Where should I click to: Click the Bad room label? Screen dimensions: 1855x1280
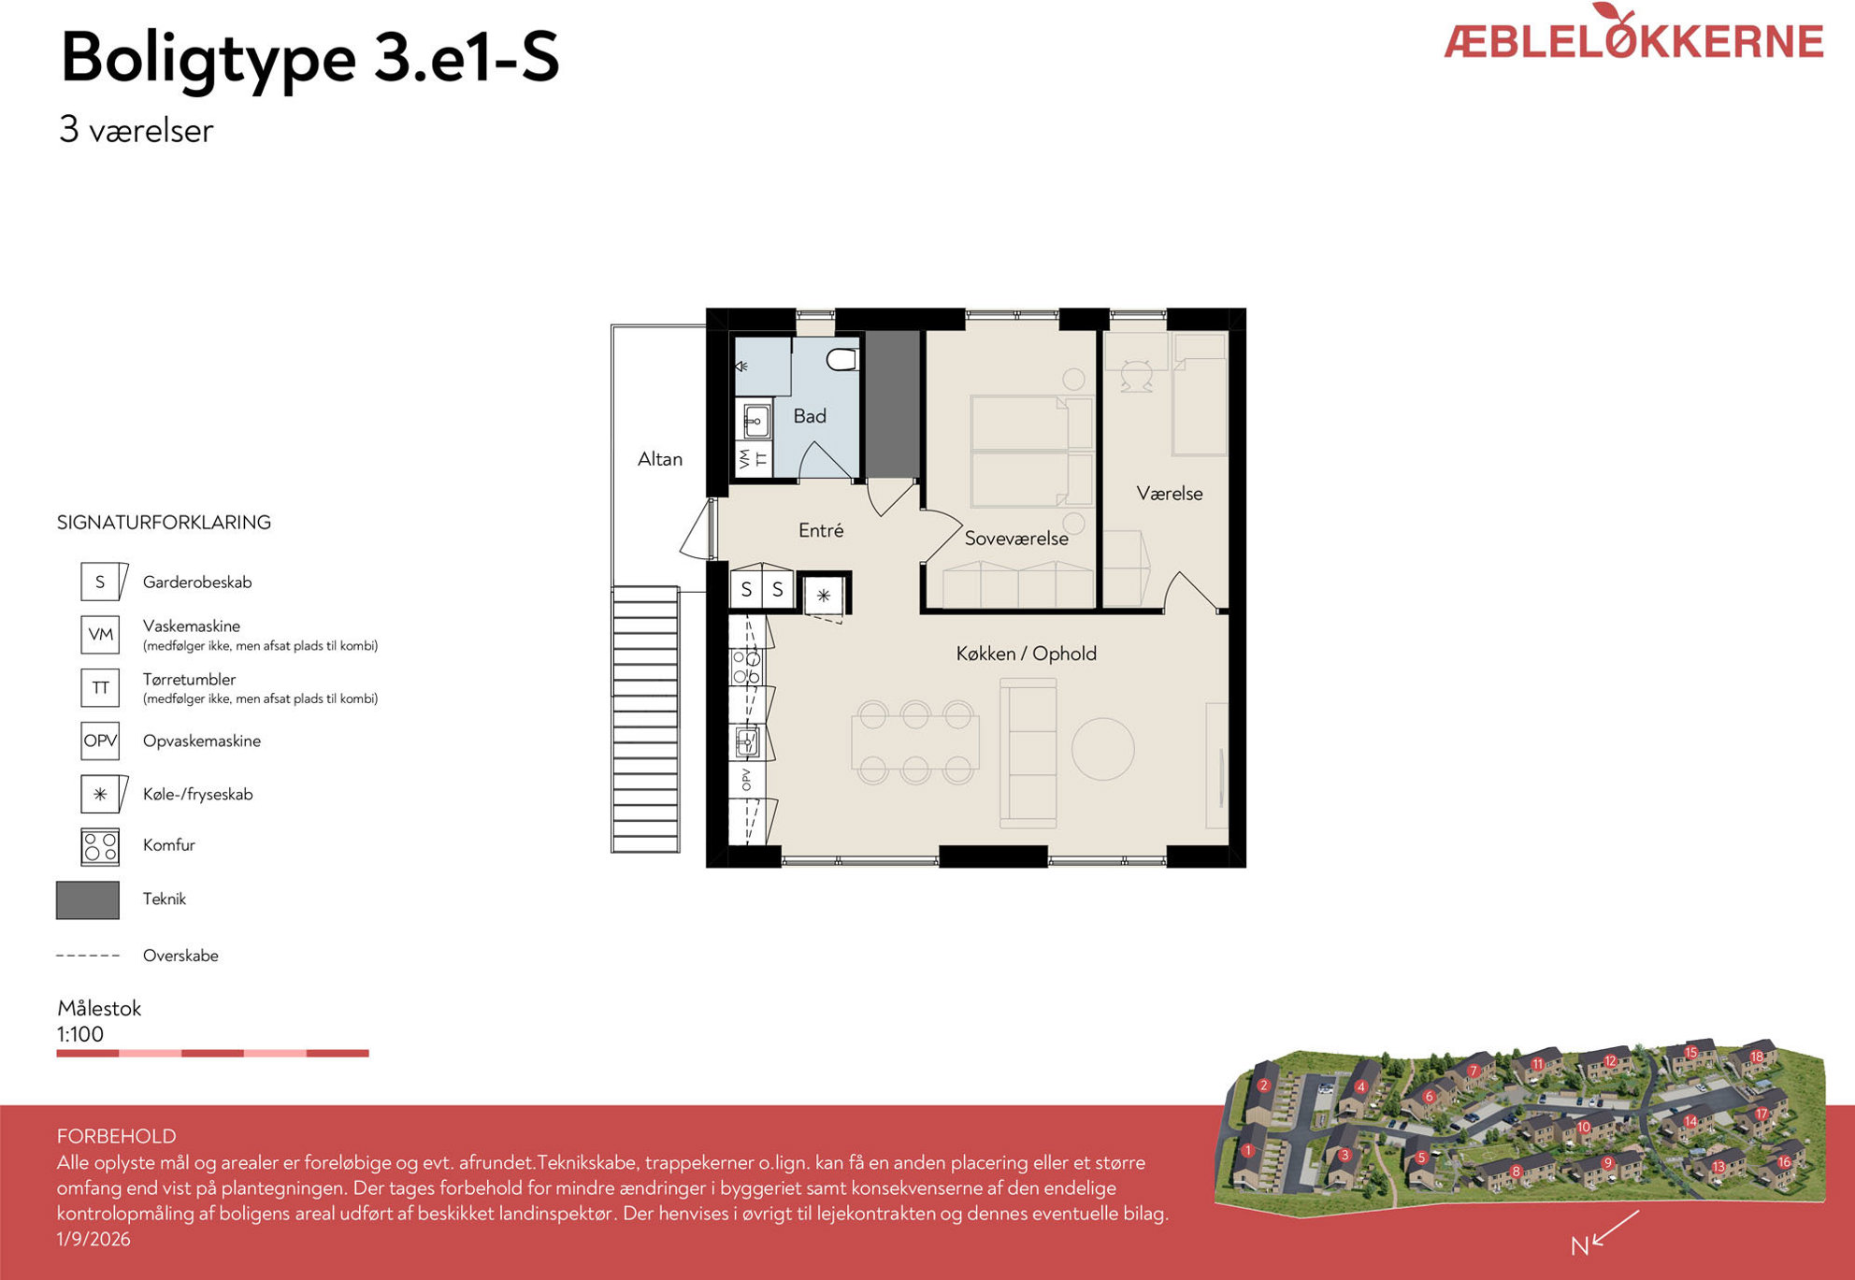810,416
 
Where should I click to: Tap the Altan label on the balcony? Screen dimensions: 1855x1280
660,459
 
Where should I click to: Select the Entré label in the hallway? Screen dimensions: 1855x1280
821,530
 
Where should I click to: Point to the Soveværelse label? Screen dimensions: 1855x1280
1016,539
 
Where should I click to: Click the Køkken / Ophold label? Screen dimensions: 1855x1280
1026,654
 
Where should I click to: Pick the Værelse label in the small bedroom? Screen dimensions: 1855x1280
1170,494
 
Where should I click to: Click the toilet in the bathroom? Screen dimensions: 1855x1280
842,359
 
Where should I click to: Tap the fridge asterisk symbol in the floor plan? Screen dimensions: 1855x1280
824,595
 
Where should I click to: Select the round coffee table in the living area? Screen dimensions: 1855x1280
1103,748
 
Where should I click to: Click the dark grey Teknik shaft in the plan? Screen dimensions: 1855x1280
894,404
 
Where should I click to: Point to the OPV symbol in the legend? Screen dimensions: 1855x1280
100,741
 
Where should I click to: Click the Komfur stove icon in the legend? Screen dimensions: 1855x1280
100,847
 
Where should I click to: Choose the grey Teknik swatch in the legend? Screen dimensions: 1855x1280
88,900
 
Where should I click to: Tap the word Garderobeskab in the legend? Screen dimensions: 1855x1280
197,582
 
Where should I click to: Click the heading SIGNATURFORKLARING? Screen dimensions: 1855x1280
164,523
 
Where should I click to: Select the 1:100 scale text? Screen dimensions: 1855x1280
80,1034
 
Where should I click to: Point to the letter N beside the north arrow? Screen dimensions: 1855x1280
1579,1245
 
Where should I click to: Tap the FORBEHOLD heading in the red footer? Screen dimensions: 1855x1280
117,1136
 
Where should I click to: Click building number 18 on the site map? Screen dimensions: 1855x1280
1757,1057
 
